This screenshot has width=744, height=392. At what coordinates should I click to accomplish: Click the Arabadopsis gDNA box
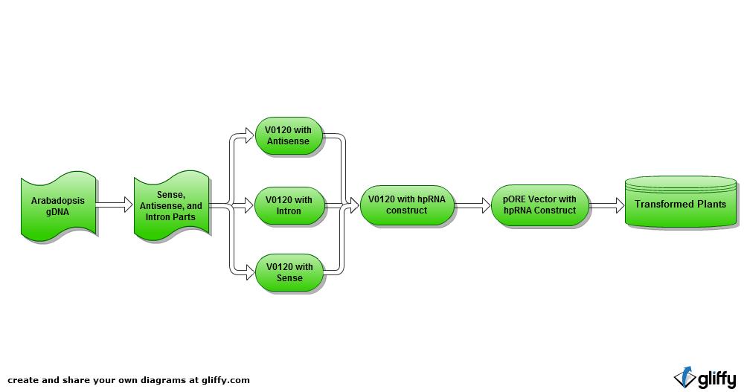click(x=58, y=206)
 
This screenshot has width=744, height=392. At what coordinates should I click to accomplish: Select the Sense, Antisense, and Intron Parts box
click(x=171, y=206)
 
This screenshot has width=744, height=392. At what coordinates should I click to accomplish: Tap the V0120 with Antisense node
click(x=289, y=135)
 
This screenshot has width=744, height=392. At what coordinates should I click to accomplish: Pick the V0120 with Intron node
click(x=289, y=205)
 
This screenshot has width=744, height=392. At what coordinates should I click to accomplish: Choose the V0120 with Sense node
click(x=289, y=272)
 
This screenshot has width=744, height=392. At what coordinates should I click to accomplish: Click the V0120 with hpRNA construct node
click(x=406, y=205)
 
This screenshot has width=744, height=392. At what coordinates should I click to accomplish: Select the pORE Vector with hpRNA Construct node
click(x=539, y=205)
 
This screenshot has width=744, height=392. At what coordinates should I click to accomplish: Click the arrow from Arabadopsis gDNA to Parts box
click(x=115, y=205)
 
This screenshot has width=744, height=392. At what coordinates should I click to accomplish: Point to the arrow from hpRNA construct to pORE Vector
click(x=472, y=205)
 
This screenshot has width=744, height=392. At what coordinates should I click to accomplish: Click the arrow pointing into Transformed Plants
click(x=607, y=205)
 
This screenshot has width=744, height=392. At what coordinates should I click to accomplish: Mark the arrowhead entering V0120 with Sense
click(x=248, y=272)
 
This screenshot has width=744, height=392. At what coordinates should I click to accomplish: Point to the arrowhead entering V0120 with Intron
click(x=248, y=205)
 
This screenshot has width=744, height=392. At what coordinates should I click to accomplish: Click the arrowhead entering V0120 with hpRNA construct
click(x=354, y=205)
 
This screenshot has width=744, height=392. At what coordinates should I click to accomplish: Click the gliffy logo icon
click(x=684, y=377)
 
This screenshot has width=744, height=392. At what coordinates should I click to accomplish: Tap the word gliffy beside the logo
click(x=716, y=379)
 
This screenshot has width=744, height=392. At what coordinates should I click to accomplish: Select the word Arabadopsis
click(x=58, y=201)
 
